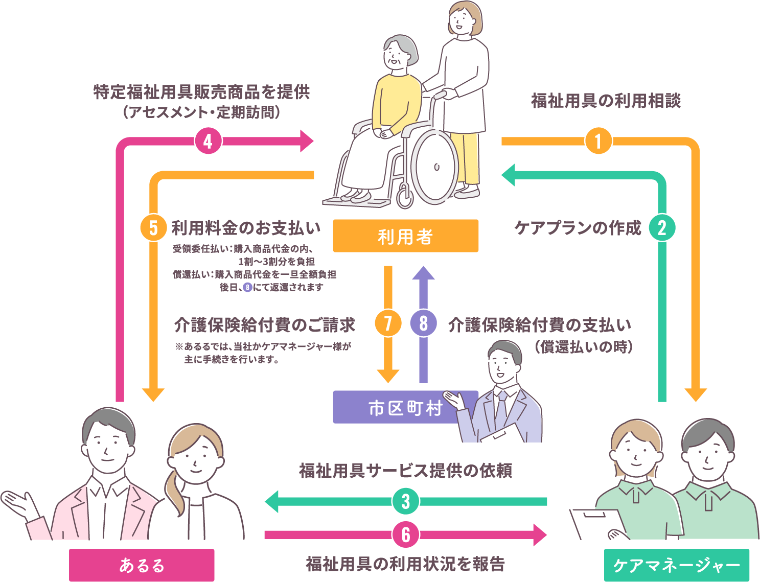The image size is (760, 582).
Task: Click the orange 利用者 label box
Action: click(405, 236)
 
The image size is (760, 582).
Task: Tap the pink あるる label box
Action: click(142, 565)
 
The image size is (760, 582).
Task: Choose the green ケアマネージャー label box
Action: click(677, 565)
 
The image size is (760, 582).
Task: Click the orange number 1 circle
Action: click(598, 141)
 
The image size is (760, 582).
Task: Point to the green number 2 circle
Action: click(662, 228)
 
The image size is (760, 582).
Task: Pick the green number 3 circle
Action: click(406, 501)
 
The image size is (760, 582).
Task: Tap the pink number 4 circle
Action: click(208, 141)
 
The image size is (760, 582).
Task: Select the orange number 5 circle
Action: click(153, 228)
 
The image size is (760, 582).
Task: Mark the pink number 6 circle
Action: click(406, 534)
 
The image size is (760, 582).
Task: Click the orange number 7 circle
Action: click(388, 323)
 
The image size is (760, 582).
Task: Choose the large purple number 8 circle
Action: click(424, 323)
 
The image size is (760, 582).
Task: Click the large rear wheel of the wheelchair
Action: click(435, 166)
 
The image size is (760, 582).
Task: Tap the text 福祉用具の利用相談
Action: click(606, 101)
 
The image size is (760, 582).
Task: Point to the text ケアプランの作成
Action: click(578, 228)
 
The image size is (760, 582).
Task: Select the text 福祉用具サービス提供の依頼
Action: click(406, 470)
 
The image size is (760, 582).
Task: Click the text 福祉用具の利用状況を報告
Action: click(406, 564)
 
